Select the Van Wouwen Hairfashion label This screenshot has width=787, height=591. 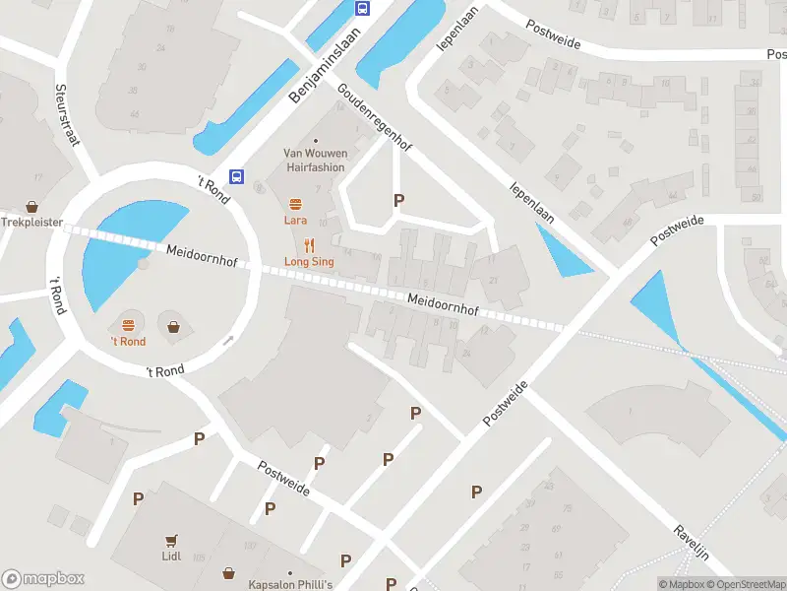314,161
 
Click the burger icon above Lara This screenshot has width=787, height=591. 295,205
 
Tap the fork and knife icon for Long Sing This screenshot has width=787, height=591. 309,246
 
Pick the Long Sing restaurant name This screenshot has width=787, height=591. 309,262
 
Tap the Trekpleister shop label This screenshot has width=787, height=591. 31,223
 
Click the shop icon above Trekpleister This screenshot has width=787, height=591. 31,207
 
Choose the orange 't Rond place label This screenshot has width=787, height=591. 128,342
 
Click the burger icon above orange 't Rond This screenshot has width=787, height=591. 128,325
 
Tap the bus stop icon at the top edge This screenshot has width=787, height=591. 362,9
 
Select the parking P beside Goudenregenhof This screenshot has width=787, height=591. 398,200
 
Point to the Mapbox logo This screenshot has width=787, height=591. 43,578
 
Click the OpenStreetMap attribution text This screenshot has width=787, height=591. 746,584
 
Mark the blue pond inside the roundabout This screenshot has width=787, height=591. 123,248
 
